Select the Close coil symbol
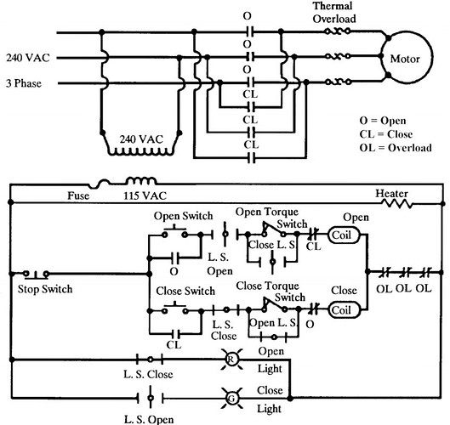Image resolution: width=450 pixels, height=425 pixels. pyautogui.click(x=341, y=310)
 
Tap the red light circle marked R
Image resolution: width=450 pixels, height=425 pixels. pyautogui.click(x=230, y=360)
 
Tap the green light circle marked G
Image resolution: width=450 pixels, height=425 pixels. pyautogui.click(x=230, y=397)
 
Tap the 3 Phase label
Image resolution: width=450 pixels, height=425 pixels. pyautogui.click(x=31, y=83)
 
